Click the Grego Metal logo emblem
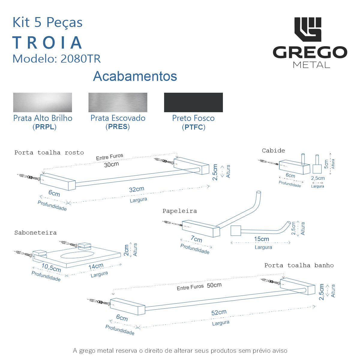(x=307, y=29)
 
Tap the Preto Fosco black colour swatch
(x=193, y=102)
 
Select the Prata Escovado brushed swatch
(x=118, y=102)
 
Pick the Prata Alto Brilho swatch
(x=42, y=102)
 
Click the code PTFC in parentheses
(x=193, y=127)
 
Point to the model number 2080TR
(x=80, y=59)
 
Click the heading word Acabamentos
(x=135, y=76)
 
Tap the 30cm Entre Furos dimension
(x=111, y=165)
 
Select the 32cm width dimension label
(x=136, y=189)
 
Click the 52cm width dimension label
(x=219, y=312)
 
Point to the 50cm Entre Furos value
(x=214, y=285)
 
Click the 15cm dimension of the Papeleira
(x=261, y=239)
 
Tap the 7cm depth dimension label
(x=196, y=239)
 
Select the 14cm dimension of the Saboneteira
(x=96, y=266)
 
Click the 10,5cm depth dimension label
(x=51, y=268)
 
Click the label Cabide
(x=273, y=151)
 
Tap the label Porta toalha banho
(x=299, y=265)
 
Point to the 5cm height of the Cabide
(x=326, y=164)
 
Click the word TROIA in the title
(x=47, y=43)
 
